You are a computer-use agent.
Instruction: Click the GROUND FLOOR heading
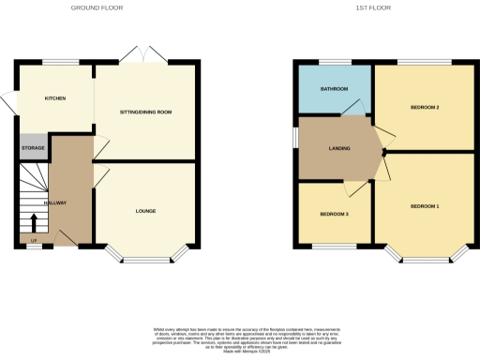pos(97,7)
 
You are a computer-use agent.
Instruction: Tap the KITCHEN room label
pos(54,97)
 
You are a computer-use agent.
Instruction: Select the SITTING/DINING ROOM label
pos(145,112)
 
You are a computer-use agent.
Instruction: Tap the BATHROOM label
pos(334,89)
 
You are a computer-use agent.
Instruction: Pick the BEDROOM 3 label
pos(334,215)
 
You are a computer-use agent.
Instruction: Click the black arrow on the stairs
pos(35,222)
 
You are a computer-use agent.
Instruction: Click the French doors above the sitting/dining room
pos(144,54)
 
